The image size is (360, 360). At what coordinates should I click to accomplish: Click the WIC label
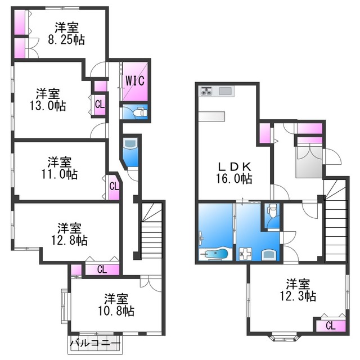click(135, 80)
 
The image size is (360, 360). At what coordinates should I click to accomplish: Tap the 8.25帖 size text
click(66, 40)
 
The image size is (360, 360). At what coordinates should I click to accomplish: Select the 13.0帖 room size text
click(48, 106)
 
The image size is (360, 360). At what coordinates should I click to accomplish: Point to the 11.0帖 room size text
click(60, 174)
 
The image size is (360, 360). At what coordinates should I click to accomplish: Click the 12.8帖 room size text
click(69, 240)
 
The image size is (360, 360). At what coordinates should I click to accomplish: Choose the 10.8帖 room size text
click(116, 311)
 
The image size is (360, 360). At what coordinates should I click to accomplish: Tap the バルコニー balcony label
click(95, 344)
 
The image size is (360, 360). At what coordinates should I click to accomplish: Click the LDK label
click(234, 166)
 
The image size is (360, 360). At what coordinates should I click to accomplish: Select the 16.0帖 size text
click(234, 178)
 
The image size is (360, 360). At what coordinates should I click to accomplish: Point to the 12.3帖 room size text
click(298, 296)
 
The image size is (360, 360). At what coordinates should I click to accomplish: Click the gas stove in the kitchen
click(206, 91)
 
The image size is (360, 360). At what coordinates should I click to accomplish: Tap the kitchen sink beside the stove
click(226, 91)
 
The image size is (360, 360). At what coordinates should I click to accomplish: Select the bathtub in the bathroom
click(215, 254)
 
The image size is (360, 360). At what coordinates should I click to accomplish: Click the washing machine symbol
click(245, 254)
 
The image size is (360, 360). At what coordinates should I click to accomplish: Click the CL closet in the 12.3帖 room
click(331, 326)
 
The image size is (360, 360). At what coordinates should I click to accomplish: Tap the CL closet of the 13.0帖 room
click(100, 105)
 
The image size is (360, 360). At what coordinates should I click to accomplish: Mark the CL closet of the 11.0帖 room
click(114, 187)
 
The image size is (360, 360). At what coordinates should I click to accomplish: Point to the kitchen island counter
click(211, 116)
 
